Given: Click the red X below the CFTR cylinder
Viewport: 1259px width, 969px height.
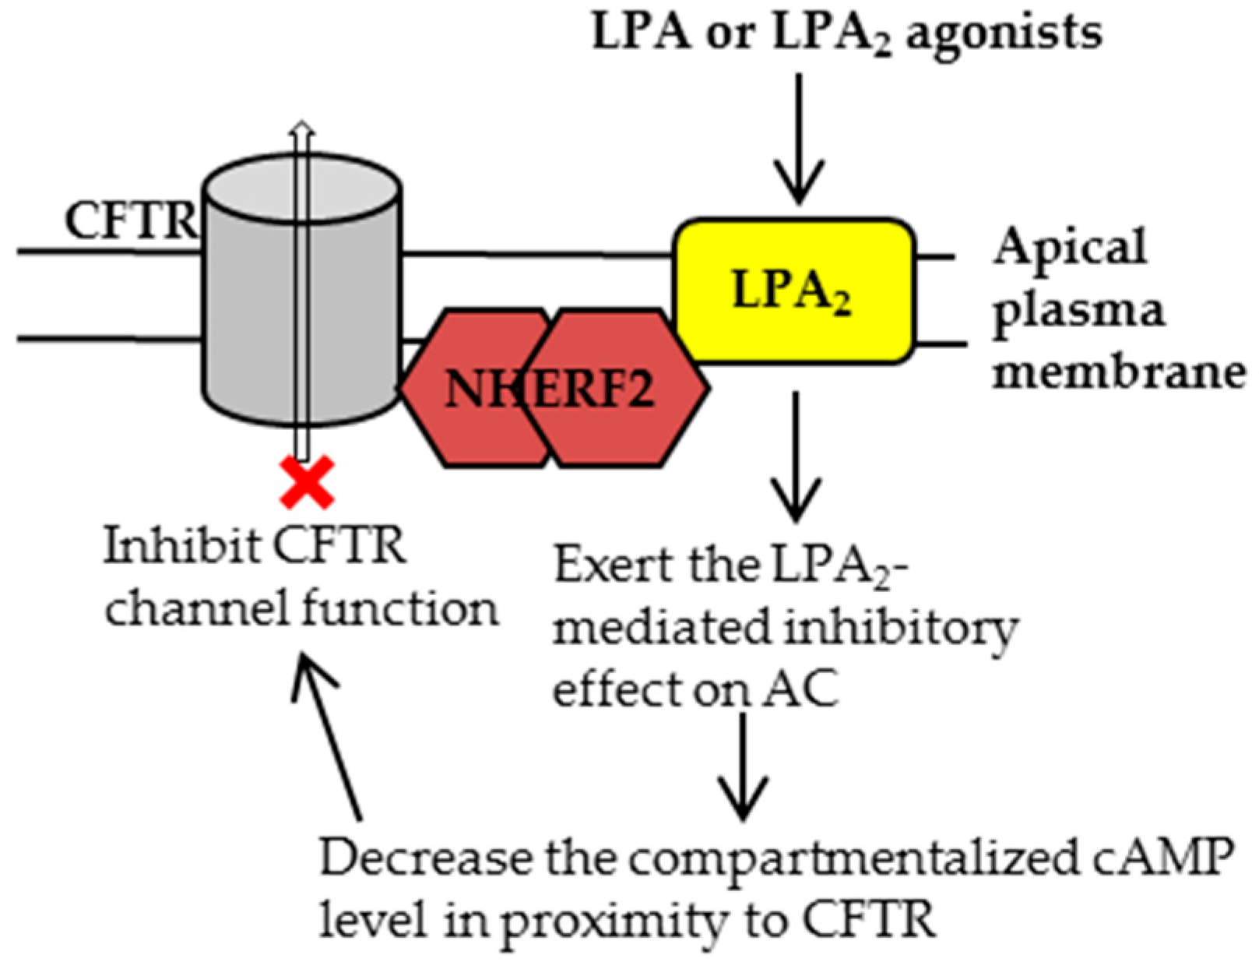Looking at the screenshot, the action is [x=307, y=482].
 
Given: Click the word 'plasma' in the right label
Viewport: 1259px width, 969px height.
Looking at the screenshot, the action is [x=1078, y=314].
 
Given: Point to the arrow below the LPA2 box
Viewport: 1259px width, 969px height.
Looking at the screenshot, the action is [x=797, y=457].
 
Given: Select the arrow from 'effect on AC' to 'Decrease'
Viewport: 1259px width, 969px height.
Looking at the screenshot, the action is [x=744, y=766].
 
